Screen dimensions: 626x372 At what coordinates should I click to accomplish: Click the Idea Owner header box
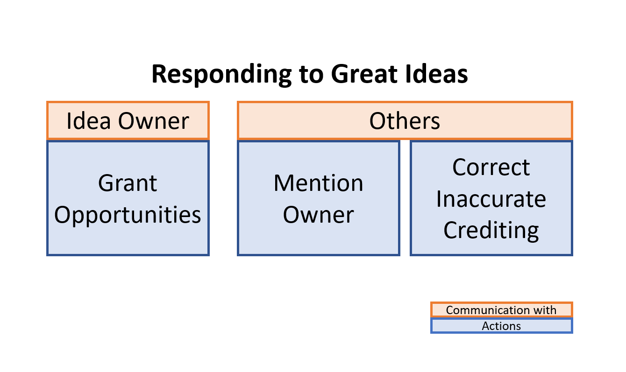128,120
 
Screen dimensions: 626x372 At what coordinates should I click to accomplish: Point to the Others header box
405,120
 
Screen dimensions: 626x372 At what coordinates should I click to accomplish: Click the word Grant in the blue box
128,183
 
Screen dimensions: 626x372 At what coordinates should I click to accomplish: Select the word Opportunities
128,215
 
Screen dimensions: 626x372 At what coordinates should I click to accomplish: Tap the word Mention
318,183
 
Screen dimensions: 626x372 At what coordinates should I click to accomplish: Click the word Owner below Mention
318,215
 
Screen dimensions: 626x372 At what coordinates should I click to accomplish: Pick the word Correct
491,167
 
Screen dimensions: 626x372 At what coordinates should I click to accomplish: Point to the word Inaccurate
491,199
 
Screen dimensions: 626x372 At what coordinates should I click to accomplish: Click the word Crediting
491,230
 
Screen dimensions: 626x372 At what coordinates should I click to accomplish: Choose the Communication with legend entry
501,310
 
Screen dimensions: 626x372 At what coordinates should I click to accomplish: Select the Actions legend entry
501,326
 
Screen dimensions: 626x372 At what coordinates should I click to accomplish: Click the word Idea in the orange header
89,120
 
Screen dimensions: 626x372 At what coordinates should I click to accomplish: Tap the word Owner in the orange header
153,120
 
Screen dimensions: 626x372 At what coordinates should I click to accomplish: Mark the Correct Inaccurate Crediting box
491,247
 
